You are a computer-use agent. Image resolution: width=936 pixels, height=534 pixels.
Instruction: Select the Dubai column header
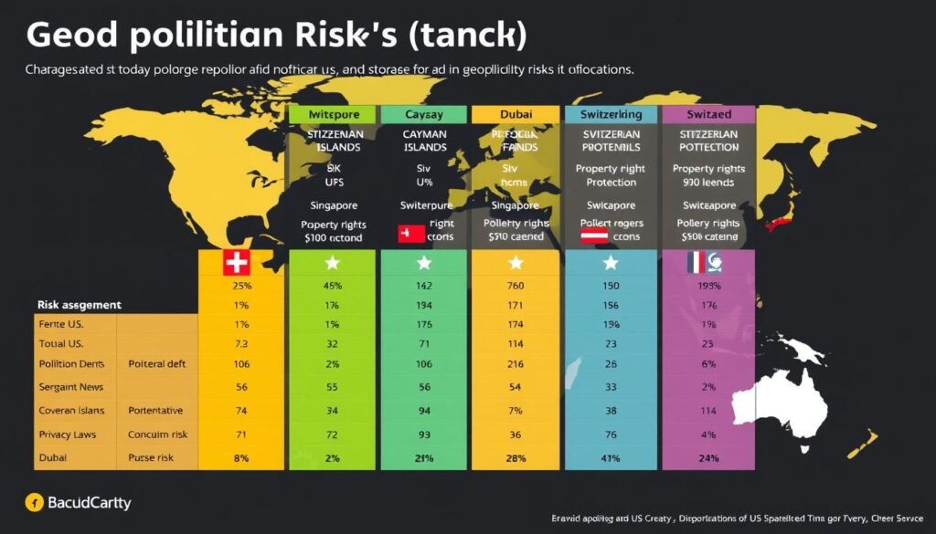[x=515, y=115]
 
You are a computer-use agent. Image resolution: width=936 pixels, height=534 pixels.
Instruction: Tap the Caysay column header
[x=423, y=115]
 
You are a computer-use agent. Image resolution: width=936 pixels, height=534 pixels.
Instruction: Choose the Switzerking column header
[x=610, y=115]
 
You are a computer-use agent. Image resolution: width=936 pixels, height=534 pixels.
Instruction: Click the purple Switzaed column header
[x=708, y=115]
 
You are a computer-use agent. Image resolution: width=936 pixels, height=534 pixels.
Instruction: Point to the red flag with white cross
[x=236, y=264]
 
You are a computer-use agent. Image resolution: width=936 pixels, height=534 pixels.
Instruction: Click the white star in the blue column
[x=611, y=264]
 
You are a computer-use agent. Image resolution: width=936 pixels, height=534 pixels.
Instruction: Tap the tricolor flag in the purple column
[x=704, y=264]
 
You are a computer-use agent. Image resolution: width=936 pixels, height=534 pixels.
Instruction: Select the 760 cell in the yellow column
[x=515, y=287]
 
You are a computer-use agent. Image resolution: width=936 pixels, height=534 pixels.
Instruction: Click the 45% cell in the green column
[x=333, y=287]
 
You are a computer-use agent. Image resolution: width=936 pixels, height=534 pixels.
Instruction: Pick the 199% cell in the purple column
[x=708, y=287]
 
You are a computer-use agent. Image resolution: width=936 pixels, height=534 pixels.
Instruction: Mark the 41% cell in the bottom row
[x=611, y=457]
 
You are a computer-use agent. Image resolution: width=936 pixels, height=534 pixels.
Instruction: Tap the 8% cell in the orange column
[x=241, y=457]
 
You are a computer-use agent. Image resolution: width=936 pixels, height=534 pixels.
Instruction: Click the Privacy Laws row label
[x=67, y=435]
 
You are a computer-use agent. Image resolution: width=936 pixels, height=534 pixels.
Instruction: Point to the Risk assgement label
[x=80, y=304]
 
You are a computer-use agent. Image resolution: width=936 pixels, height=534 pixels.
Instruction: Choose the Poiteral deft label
[x=157, y=363]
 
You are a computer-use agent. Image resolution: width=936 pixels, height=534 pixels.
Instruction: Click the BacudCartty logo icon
[x=34, y=502]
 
